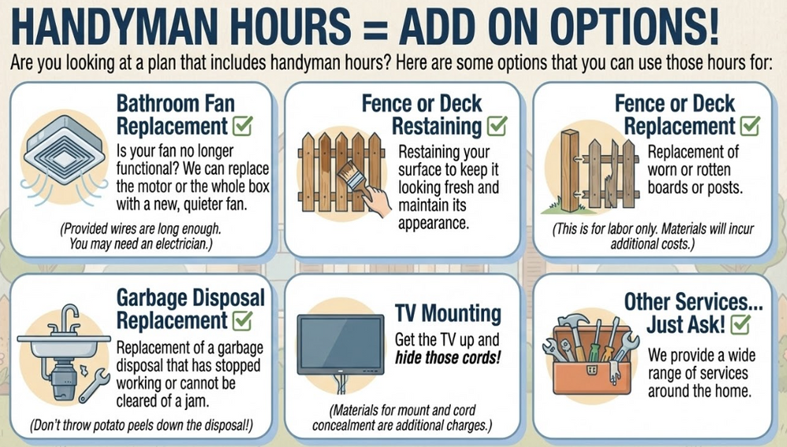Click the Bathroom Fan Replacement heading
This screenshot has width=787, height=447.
click(x=176, y=115)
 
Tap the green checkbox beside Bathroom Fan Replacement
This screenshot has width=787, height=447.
click(x=242, y=126)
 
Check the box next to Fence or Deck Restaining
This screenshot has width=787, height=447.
click(x=497, y=126)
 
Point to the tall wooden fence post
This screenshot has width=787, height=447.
click(x=570, y=171)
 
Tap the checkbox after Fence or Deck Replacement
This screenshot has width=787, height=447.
click(x=750, y=126)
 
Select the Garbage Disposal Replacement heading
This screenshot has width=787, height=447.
click(x=190, y=309)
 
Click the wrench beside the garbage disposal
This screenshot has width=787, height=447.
click(x=94, y=386)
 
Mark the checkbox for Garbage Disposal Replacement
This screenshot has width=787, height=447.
click(x=242, y=320)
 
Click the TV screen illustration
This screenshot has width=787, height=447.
click(x=340, y=345)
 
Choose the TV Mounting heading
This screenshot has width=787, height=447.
click(x=448, y=313)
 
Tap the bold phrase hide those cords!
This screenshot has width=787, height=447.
click(x=448, y=358)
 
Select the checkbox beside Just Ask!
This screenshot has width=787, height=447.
click(x=741, y=324)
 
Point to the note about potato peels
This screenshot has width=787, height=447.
click(x=141, y=426)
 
